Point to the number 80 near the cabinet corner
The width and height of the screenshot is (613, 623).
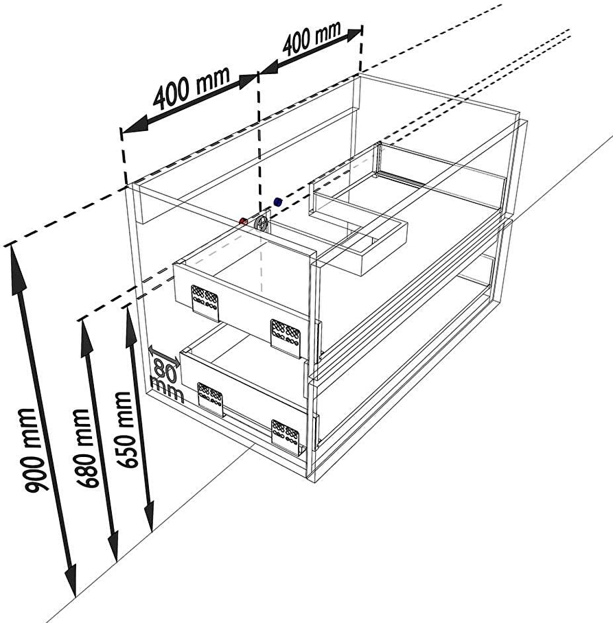(x=165, y=368)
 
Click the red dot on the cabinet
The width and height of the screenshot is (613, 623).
(x=243, y=222)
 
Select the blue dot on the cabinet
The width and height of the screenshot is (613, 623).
(x=278, y=202)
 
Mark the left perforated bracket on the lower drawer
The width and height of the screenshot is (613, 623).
(x=211, y=399)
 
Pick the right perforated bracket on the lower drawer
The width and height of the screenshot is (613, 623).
(x=286, y=435)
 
